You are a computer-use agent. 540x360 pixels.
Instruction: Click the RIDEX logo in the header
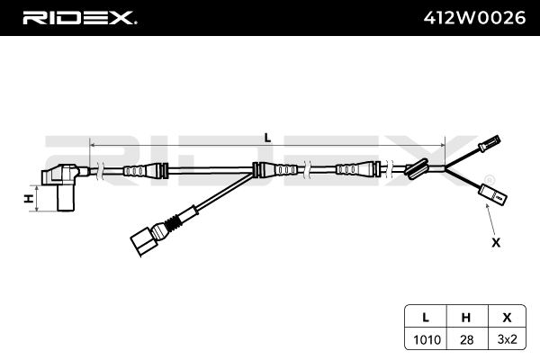tap(78, 17)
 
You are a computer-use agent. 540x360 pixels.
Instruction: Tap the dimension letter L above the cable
tap(267, 137)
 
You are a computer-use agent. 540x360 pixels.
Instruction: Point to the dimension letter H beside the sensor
tap(29, 198)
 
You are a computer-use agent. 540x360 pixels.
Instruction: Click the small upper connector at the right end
tap(490, 141)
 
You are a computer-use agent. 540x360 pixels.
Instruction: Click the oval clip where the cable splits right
tap(416, 168)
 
